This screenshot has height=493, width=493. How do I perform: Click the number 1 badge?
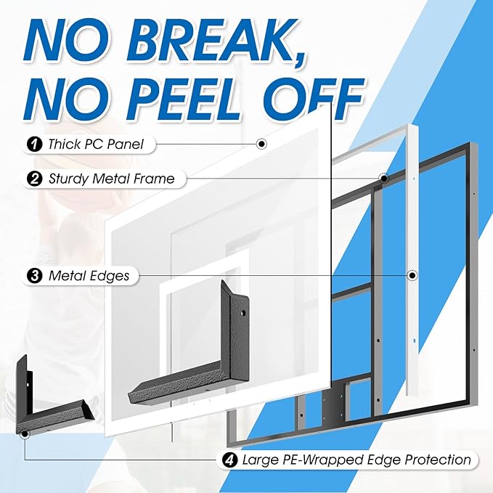tap(35, 144)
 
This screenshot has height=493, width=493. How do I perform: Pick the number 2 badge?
tap(35, 179)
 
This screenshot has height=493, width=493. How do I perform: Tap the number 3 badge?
tap(35, 276)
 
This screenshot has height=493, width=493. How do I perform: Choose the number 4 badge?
tap(230, 460)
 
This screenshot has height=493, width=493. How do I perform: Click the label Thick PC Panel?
tap(96, 144)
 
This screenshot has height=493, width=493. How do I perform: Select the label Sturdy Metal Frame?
tap(111, 179)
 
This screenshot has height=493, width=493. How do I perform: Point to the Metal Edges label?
tap(89, 276)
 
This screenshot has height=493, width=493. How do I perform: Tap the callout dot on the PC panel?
tap(261, 144)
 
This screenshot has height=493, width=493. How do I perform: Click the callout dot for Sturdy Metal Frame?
tap(383, 179)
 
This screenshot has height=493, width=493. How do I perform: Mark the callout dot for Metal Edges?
tap(412, 276)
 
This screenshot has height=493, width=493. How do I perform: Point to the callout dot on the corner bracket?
tap(24, 434)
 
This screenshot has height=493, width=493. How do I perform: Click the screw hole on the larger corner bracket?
tap(243, 313)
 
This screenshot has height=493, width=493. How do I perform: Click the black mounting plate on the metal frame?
tap(333, 401)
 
